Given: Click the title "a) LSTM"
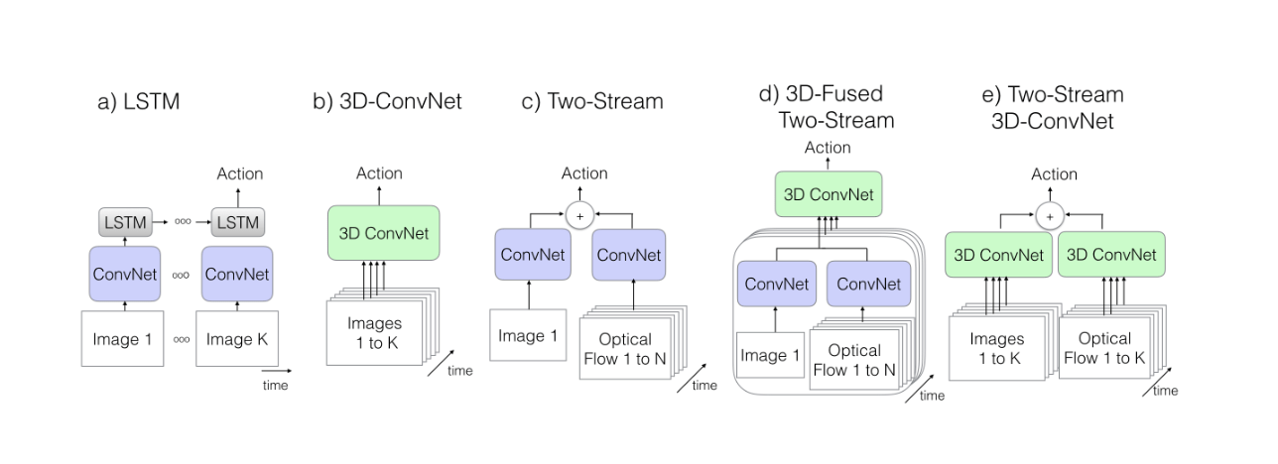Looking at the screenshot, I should pos(138,101).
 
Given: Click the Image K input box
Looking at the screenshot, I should pos(238,339).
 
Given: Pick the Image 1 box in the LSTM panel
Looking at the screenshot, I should pos(122,339).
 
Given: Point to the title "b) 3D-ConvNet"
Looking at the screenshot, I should pos(387,101).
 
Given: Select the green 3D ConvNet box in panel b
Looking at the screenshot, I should pos(383,233).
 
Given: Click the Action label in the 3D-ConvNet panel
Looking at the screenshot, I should pos(379,174).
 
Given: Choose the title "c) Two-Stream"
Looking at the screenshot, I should pos(593,101).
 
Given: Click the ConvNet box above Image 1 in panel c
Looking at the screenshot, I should pos(533,255).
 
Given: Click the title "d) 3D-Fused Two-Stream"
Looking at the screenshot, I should pos(827,107).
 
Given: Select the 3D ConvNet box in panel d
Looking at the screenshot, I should pos(828,194).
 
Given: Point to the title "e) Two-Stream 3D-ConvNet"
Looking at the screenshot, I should pos(1052,107).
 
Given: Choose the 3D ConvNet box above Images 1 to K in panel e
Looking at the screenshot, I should pos(999,255).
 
